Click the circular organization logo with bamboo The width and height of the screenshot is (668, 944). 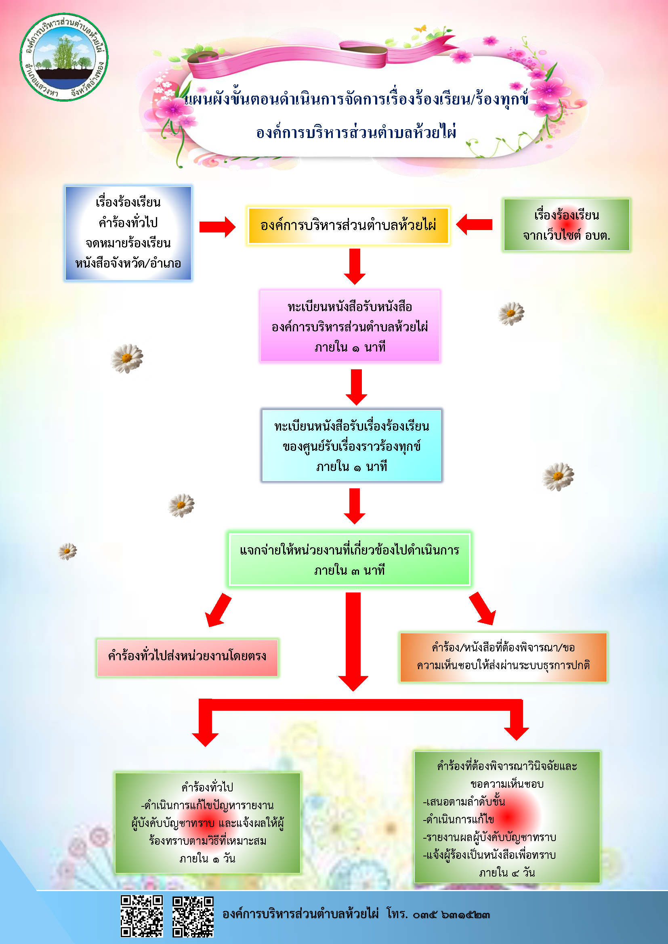64,57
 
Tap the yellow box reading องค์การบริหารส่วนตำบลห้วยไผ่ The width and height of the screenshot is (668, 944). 349,225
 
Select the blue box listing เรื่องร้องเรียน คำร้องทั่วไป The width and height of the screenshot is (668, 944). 128,233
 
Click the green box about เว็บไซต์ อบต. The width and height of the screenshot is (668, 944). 566,225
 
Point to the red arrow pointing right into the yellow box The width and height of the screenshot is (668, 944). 217,226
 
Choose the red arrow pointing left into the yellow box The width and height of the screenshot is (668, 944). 474,224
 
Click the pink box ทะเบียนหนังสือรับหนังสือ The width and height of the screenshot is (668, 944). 350,326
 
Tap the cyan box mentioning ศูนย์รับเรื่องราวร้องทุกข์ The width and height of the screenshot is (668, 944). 351,445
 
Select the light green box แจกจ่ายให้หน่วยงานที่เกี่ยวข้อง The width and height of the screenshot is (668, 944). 349,559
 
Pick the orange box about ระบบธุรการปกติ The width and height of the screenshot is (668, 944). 503,657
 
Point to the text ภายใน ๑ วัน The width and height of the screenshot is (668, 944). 207,858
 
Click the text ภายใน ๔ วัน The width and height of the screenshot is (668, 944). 507,873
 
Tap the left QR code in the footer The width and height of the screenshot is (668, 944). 141,917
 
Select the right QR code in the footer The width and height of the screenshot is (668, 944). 193,917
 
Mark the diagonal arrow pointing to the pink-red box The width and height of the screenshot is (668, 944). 218,610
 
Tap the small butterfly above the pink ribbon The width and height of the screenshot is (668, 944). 420,29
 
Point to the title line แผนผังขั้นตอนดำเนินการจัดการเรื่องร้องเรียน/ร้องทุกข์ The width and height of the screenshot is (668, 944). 356,99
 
